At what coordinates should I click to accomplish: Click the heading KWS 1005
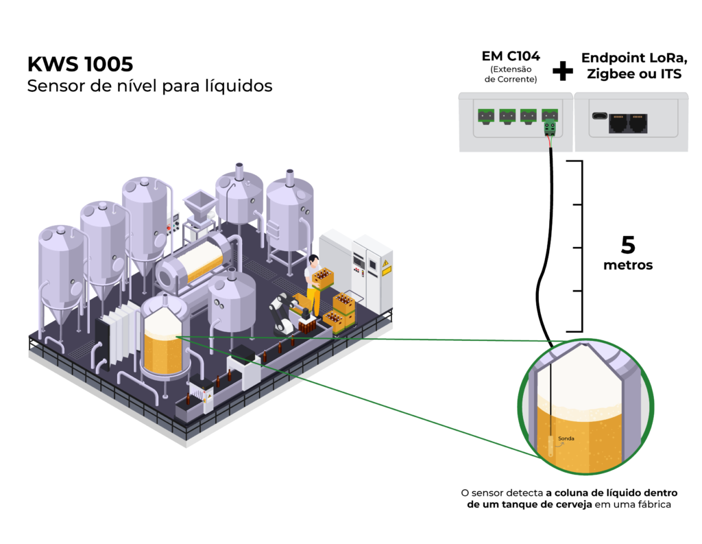point(80,64)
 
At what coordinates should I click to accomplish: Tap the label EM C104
point(511,56)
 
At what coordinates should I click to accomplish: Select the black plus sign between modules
point(562,70)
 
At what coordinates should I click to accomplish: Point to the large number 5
point(628,246)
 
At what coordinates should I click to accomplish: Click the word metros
point(629,265)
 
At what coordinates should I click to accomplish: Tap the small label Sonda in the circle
point(567,438)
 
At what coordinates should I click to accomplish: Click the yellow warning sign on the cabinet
point(386,268)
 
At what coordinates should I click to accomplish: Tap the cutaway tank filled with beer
point(163,340)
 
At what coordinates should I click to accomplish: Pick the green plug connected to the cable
point(549,128)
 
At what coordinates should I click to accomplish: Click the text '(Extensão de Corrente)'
point(511,74)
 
